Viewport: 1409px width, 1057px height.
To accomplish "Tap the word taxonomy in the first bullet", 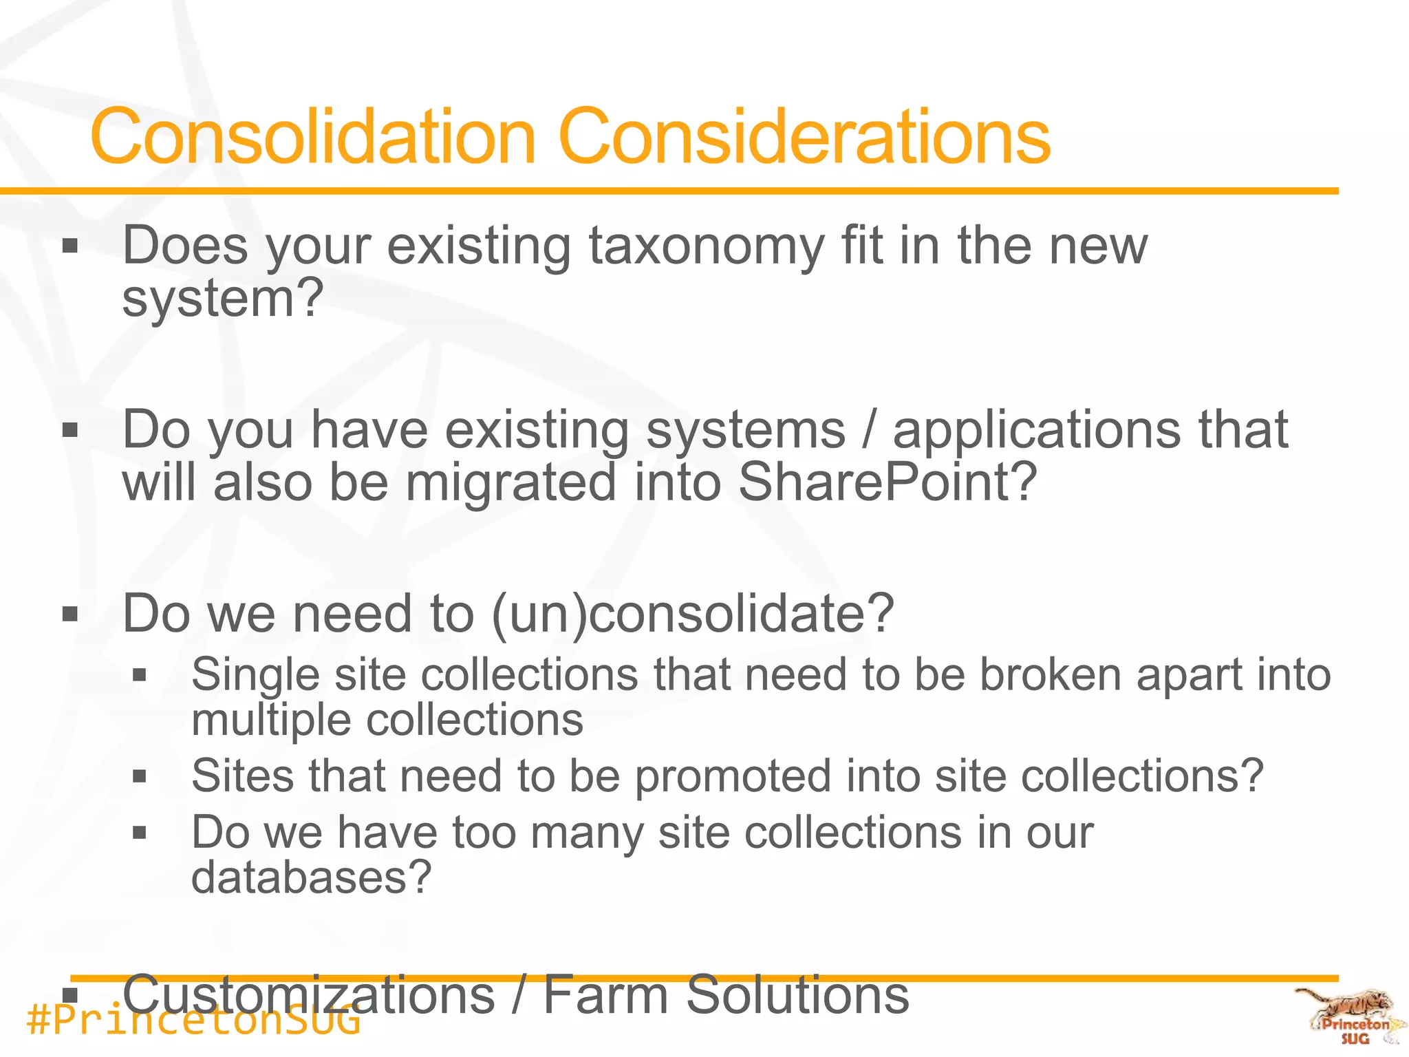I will [706, 246].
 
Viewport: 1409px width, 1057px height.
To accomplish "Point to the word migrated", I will [510, 483].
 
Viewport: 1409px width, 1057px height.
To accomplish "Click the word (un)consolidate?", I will [693, 613].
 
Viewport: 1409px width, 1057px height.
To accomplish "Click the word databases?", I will [311, 877].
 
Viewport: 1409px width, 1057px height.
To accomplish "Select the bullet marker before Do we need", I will [70, 614].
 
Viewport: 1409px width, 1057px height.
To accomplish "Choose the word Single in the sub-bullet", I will [255, 674].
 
